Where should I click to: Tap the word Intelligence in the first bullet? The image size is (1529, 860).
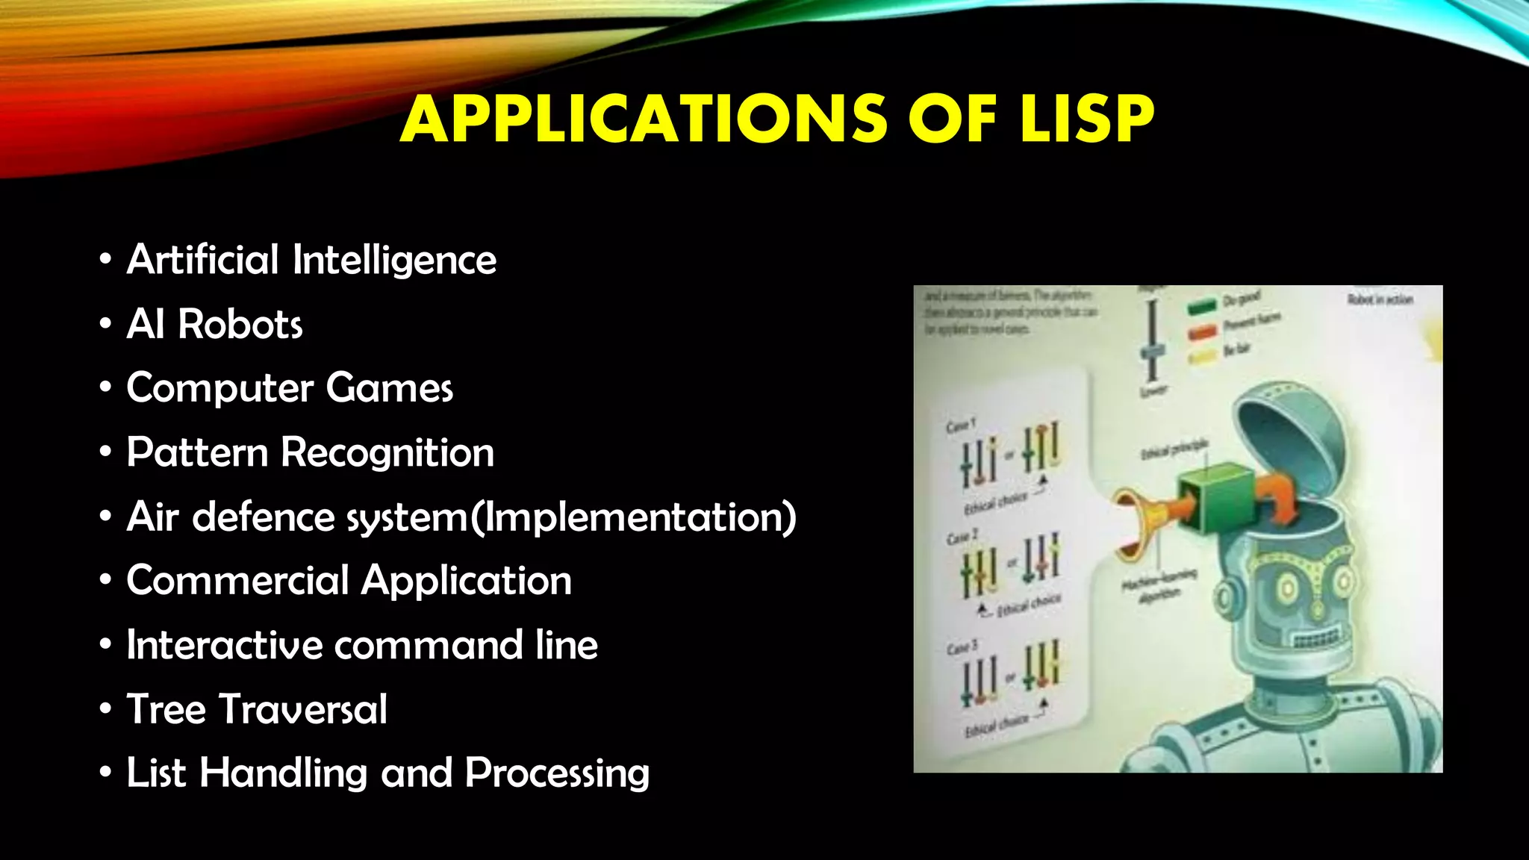(394, 261)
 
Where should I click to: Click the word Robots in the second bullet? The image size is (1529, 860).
(240, 325)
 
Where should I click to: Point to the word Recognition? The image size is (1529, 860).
(387, 453)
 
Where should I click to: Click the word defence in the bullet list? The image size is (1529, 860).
(264, 517)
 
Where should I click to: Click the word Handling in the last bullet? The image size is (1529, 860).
(284, 773)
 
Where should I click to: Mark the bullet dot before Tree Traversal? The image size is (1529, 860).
(105, 709)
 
